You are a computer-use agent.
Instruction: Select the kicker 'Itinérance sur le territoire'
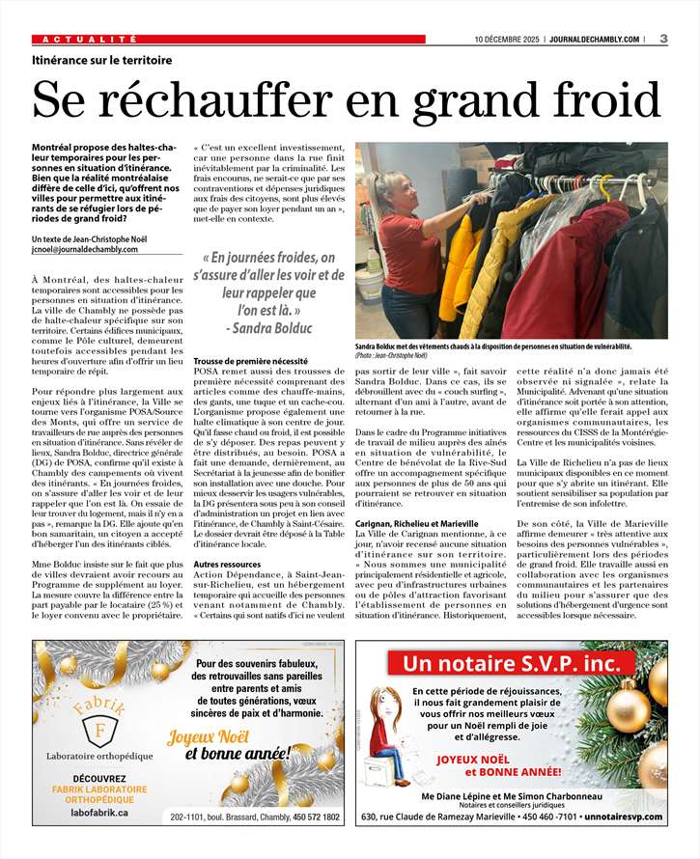point(102,60)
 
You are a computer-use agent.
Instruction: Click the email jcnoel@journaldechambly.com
point(85,249)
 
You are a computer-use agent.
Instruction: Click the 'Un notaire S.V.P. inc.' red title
point(513,664)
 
